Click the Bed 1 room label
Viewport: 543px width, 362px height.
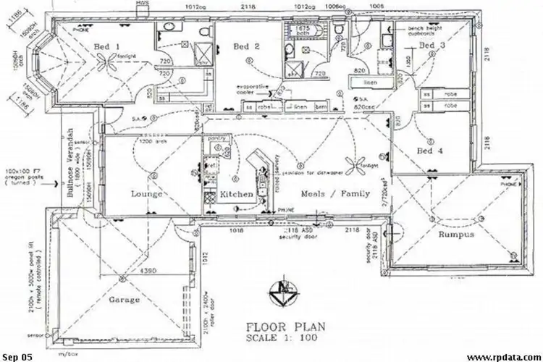pos(106,48)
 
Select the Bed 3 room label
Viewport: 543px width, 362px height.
pos(432,46)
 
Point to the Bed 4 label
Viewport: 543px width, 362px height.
pos(430,151)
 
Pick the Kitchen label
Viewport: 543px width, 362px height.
pos(236,195)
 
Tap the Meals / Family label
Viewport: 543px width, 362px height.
pos(334,193)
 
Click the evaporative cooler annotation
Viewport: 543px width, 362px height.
pos(258,90)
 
